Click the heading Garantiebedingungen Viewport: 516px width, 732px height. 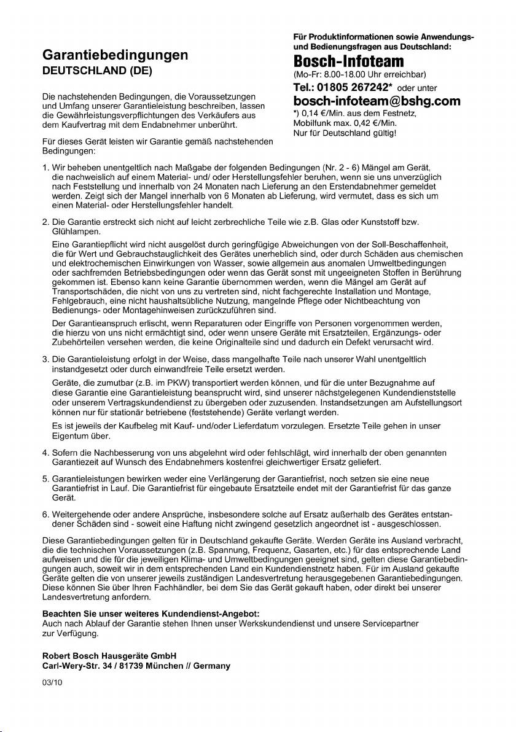tap(115, 55)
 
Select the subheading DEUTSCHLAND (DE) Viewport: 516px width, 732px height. tap(96, 71)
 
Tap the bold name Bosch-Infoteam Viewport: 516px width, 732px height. tap(349, 61)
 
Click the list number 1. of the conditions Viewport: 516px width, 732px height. tap(45, 168)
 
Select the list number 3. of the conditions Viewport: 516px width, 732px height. tap(45, 359)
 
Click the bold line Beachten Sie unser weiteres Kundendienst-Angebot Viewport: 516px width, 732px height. tap(150, 613)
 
